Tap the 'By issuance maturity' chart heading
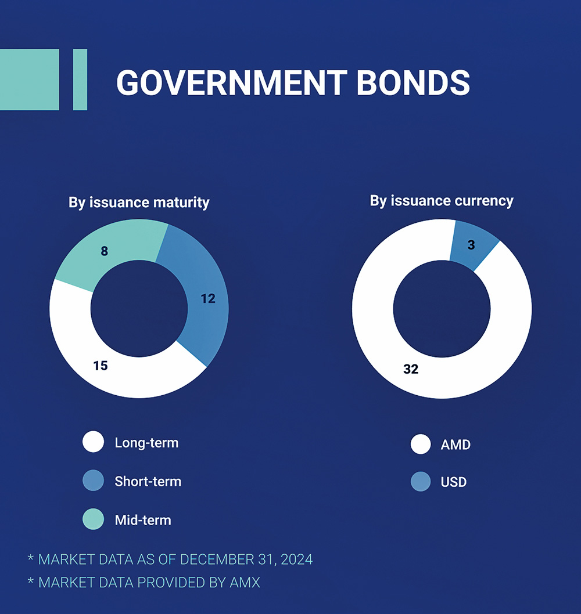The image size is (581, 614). [x=139, y=203]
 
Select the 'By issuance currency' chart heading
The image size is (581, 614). [x=442, y=201]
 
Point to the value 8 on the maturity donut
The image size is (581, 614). [x=105, y=251]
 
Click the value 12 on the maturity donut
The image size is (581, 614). [x=208, y=298]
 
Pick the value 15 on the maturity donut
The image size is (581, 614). [x=101, y=366]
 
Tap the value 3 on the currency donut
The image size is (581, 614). [x=471, y=245]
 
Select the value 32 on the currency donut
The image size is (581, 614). [x=411, y=369]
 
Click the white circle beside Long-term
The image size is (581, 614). [x=93, y=442]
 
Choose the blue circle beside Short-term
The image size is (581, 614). [x=93, y=481]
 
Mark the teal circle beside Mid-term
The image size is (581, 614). [x=93, y=519]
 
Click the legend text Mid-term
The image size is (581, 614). [x=143, y=520]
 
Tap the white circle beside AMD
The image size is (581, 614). [x=421, y=445]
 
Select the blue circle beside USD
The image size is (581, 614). [x=421, y=482]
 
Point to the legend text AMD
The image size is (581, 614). [x=456, y=445]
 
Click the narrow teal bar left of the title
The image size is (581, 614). [x=80, y=80]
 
